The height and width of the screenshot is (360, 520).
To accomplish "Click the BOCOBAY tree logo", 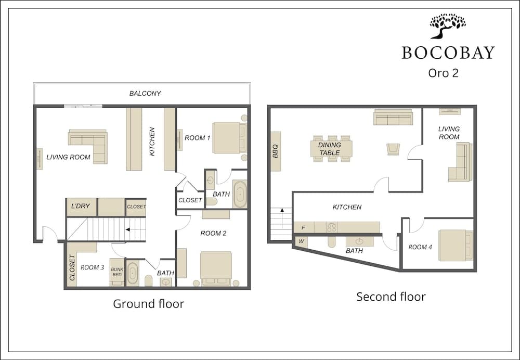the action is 448,26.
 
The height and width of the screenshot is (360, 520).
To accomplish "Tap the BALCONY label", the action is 145,94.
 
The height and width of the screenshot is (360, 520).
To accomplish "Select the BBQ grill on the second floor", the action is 276,151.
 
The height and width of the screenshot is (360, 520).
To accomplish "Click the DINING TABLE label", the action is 329,149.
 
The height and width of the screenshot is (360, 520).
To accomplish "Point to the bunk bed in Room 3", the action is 116,272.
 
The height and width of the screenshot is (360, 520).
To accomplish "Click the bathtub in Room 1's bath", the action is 239,194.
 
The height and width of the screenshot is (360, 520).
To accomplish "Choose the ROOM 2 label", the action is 213,233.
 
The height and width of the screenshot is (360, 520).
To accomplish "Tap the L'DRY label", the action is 80,206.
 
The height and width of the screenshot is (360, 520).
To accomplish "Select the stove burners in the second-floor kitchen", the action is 332,227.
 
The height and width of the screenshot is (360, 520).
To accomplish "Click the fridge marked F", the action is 304,228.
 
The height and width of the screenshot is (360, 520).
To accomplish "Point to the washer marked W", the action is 301,241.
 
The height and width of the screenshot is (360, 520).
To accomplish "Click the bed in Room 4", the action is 456,245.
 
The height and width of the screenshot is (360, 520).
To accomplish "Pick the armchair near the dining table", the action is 393,149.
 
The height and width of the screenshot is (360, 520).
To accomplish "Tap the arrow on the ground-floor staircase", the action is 132,229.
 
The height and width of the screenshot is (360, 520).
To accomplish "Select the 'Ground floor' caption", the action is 148,304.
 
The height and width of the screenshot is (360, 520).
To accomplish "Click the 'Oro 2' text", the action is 443,73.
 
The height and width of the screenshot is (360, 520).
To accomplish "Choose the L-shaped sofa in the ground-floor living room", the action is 88,146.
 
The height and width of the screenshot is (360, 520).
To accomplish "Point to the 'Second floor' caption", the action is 391,297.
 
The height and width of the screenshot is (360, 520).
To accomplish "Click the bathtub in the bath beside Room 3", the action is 133,273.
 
